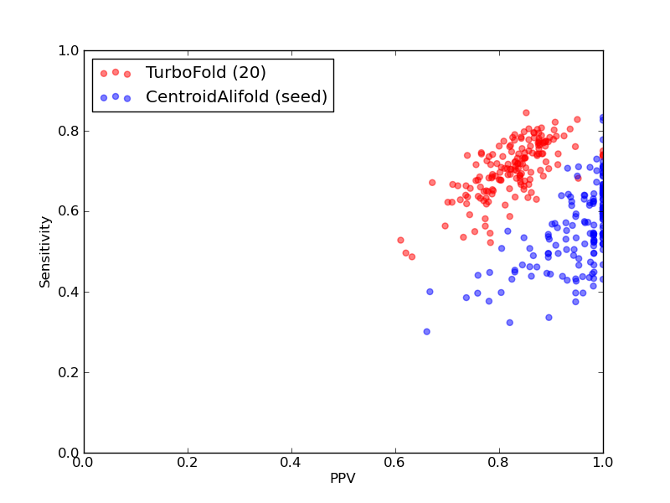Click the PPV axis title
tap(343, 478)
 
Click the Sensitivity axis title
tap(45, 252)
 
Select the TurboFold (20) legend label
tap(205, 72)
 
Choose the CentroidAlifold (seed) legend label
tap(236, 96)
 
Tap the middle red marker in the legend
tap(116, 72)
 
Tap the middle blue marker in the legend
tap(116, 96)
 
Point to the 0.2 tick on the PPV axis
tap(188, 462)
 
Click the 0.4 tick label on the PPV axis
tap(291, 462)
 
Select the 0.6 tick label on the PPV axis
tap(395, 462)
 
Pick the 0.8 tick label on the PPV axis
tap(499, 462)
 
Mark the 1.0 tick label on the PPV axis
tap(603, 462)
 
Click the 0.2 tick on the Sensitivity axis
tap(69, 372)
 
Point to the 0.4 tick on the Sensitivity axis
tap(69, 292)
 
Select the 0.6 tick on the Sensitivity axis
tap(69, 212)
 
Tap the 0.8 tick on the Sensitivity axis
tap(69, 131)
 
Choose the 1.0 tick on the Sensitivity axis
tap(69, 50)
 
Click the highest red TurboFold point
tap(526, 113)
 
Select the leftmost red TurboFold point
tap(400, 241)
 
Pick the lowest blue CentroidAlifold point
tap(426, 331)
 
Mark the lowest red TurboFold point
tap(412, 257)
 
